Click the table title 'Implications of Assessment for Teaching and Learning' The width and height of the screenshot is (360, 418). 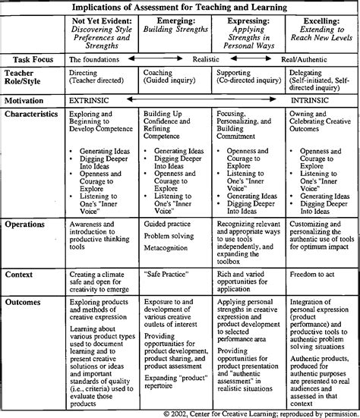180,6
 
